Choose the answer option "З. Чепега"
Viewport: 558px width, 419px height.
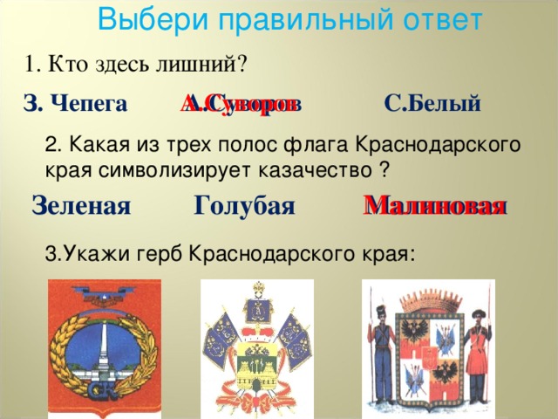coord(76,105)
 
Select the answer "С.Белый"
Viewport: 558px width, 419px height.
coord(432,105)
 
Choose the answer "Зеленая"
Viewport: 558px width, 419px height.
coord(80,206)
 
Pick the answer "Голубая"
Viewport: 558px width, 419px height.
coord(244,206)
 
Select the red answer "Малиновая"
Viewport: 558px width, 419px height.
coord(435,206)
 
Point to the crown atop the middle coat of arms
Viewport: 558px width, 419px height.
coord(258,293)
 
